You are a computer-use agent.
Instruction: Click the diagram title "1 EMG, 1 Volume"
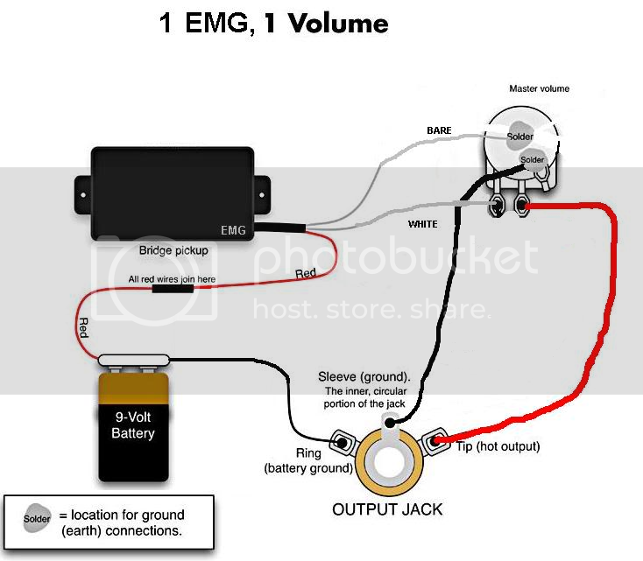(x=273, y=23)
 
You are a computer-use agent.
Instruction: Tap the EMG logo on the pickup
(x=233, y=230)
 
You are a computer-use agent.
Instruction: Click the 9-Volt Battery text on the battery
(x=133, y=425)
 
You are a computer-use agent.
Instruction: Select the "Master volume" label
(x=540, y=88)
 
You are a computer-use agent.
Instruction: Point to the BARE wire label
(x=439, y=130)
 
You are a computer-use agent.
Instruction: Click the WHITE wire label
(x=423, y=224)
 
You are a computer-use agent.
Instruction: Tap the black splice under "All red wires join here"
(x=173, y=289)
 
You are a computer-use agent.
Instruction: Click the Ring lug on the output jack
(x=341, y=442)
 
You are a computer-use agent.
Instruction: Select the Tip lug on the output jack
(x=435, y=441)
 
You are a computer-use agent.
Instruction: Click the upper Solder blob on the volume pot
(x=519, y=134)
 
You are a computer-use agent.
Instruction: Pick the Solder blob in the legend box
(x=37, y=518)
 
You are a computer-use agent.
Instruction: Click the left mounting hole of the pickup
(x=83, y=194)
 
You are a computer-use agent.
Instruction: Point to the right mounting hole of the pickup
(x=262, y=194)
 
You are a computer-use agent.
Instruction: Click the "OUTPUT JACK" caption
(x=387, y=509)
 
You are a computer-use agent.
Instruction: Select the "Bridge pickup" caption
(x=173, y=250)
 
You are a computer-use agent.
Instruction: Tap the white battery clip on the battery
(x=134, y=361)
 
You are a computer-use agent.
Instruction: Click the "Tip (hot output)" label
(x=498, y=446)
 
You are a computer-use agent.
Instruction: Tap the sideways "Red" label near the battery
(x=83, y=328)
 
